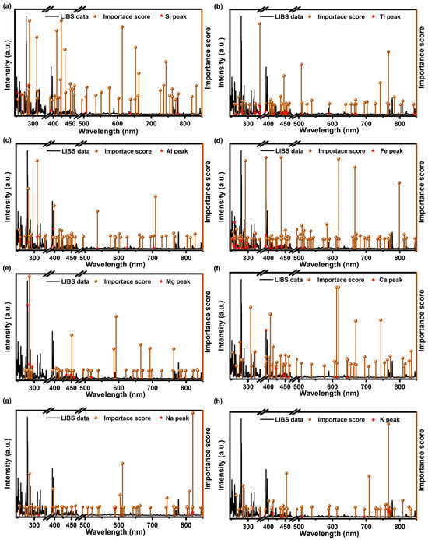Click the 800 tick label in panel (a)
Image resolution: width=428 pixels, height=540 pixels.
184,122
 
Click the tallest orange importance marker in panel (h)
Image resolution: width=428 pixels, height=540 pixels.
388,424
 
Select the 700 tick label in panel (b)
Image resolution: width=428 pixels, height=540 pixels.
366,122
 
